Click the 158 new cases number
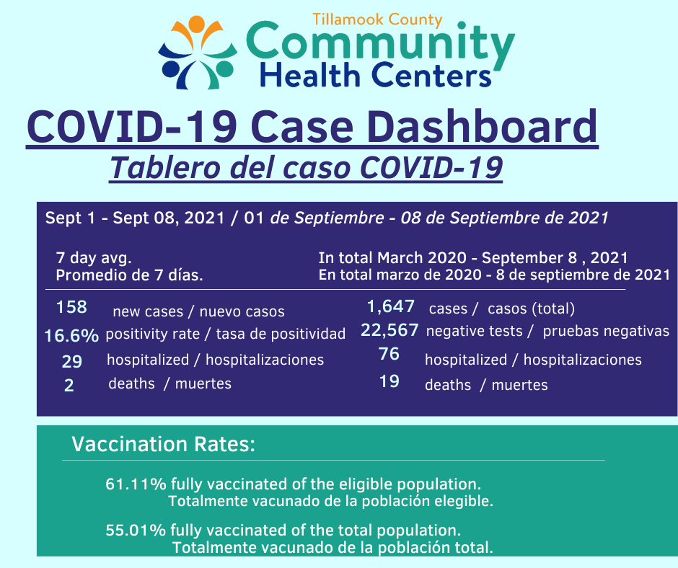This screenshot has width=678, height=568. [x=72, y=307]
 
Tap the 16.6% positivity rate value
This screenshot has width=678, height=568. [x=72, y=335]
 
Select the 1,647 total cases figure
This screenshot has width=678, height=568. [x=390, y=306]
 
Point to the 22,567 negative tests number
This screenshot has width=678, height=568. [x=389, y=330]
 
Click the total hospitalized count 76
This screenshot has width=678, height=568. [x=389, y=354]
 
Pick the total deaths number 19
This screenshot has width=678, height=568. [x=389, y=381]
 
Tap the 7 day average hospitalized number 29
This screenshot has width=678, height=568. [x=72, y=361]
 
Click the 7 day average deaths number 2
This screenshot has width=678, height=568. [x=69, y=385]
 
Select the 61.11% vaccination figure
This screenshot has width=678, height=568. [x=136, y=484]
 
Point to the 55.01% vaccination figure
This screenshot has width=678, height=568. [x=136, y=530]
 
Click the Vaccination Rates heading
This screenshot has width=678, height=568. [x=164, y=444]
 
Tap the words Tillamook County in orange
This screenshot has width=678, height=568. [x=377, y=19]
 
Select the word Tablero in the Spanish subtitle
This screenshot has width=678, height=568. [x=164, y=167]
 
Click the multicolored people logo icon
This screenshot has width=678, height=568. [x=198, y=53]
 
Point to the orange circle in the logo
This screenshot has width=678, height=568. [x=196, y=23]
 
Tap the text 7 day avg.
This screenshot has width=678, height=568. [x=93, y=258]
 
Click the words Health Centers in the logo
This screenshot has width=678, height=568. [x=375, y=75]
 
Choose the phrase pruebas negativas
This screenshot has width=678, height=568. [x=606, y=331]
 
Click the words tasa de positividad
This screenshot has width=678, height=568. [x=281, y=334]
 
